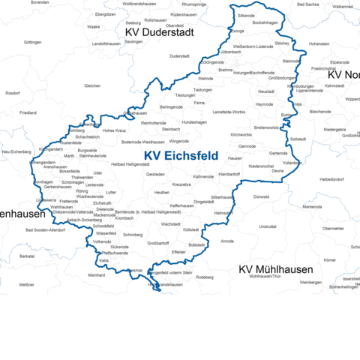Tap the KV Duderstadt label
coord(160,34)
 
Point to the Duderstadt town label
coord(180,55)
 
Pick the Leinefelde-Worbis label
coord(229,112)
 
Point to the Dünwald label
coord(261,197)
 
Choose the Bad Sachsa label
coord(308,4)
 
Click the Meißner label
coord(27,285)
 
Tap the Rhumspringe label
coord(193,4)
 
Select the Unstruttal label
coord(267,226)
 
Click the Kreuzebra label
coord(182,184)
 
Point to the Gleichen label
coord(92,86)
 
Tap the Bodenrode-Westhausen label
coord(142,142)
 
